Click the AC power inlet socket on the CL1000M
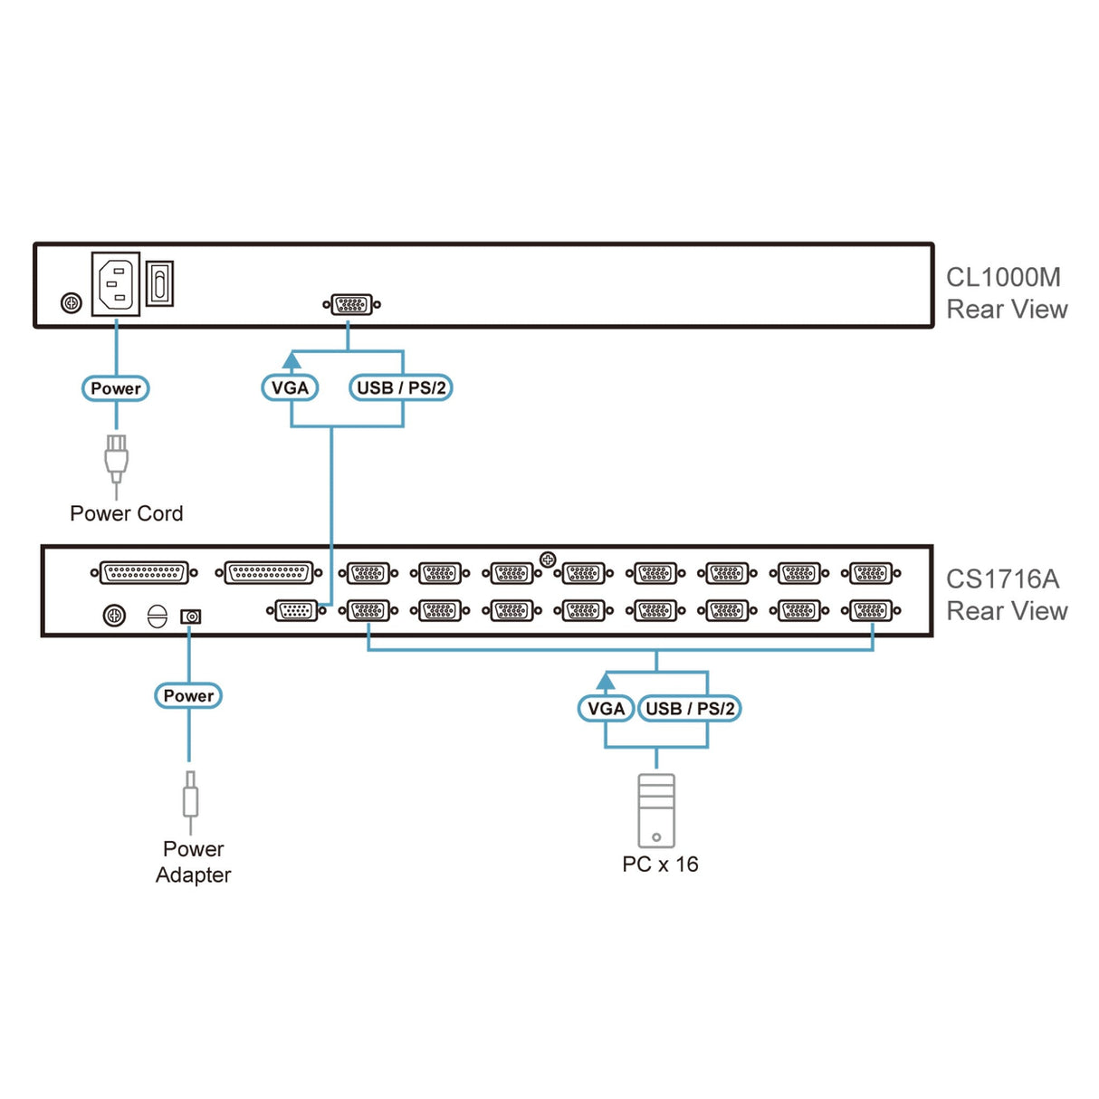(116, 284)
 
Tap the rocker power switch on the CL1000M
(159, 283)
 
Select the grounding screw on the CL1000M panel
(71, 303)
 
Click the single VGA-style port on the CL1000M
(351, 304)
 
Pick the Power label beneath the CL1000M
(116, 388)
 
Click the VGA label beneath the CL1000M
(290, 388)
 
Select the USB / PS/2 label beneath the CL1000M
(401, 388)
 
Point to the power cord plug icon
(116, 459)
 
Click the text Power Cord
(127, 513)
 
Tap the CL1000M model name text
(1003, 277)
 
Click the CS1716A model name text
(1002, 579)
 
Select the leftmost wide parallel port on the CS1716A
(144, 573)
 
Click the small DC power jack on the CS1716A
(190, 616)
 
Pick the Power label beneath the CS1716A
(188, 696)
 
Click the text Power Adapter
(193, 862)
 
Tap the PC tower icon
(656, 811)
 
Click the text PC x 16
(660, 865)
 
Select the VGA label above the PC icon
(606, 709)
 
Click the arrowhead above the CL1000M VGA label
(291, 360)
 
